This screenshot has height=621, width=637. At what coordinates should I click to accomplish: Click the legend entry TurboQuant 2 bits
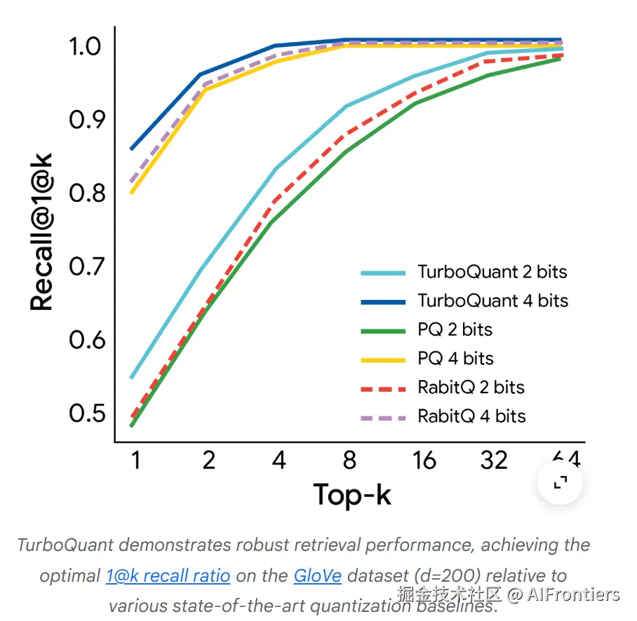coord(492,272)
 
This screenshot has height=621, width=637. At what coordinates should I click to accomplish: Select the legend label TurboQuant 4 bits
coord(492,301)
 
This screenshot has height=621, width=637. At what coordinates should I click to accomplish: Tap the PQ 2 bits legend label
coord(455,329)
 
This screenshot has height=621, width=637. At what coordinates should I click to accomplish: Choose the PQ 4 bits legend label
coord(455,358)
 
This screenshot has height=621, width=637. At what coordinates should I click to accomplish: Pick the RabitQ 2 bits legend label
coord(471,387)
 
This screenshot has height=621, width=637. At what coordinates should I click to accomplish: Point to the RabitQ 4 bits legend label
coord(471,416)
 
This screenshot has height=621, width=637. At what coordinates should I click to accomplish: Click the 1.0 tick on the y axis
coord(86,47)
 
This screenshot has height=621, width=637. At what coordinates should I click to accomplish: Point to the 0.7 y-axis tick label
coord(86,267)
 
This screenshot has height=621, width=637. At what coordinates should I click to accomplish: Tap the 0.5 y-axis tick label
coord(86,414)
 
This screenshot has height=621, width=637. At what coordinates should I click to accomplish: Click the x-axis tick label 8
coord(349,460)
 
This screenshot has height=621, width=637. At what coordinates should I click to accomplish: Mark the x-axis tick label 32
coord(494,460)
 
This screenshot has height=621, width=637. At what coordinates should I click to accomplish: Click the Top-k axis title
coord(351,495)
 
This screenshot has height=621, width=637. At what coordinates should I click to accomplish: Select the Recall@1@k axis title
coord(42,233)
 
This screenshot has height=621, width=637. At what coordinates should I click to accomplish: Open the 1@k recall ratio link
coord(168,576)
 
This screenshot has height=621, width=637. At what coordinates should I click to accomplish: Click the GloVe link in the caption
coord(318,576)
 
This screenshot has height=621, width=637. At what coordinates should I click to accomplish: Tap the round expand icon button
coord(560,482)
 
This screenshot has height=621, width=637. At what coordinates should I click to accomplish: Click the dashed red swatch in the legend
coord(383,388)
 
